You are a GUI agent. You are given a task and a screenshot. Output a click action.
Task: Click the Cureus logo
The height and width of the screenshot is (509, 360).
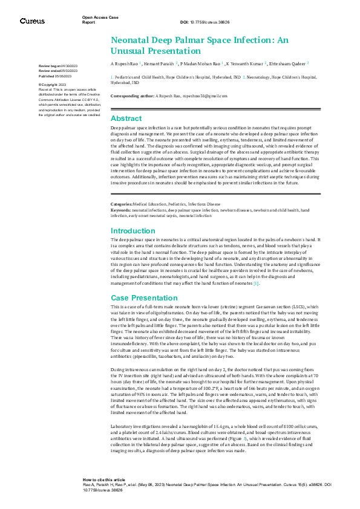point(32,21)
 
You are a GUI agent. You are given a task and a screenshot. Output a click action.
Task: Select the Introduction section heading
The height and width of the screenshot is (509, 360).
point(133,231)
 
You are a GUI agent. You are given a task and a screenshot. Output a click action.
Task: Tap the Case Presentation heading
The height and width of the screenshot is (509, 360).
point(143,298)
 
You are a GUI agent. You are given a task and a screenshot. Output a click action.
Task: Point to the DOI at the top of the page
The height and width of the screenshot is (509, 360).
point(205,22)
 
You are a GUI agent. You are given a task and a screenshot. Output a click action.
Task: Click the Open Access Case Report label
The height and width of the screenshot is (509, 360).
point(96,19)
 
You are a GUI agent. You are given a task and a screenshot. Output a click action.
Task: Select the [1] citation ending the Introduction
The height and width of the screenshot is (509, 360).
point(256,284)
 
